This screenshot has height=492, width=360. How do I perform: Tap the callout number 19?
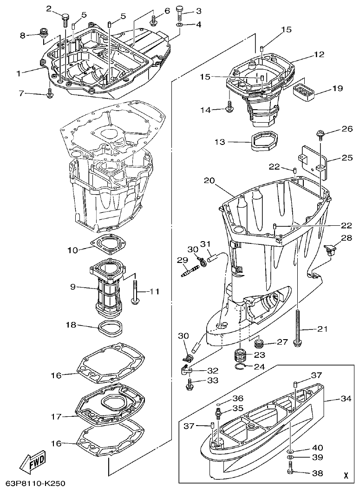click(337, 88)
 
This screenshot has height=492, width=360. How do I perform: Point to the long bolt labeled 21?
click(296, 321)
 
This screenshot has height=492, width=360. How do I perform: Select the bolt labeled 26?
click(321, 135)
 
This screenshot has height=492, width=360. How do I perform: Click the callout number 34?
click(346, 398)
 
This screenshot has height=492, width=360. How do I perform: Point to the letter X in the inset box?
click(345, 475)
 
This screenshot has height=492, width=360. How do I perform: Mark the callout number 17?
click(56, 417)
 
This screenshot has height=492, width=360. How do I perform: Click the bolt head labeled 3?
click(180, 11)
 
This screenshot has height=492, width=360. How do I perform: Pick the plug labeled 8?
click(45, 33)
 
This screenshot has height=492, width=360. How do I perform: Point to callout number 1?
click(19, 73)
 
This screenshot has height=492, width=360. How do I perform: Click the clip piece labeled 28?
click(330, 249)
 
